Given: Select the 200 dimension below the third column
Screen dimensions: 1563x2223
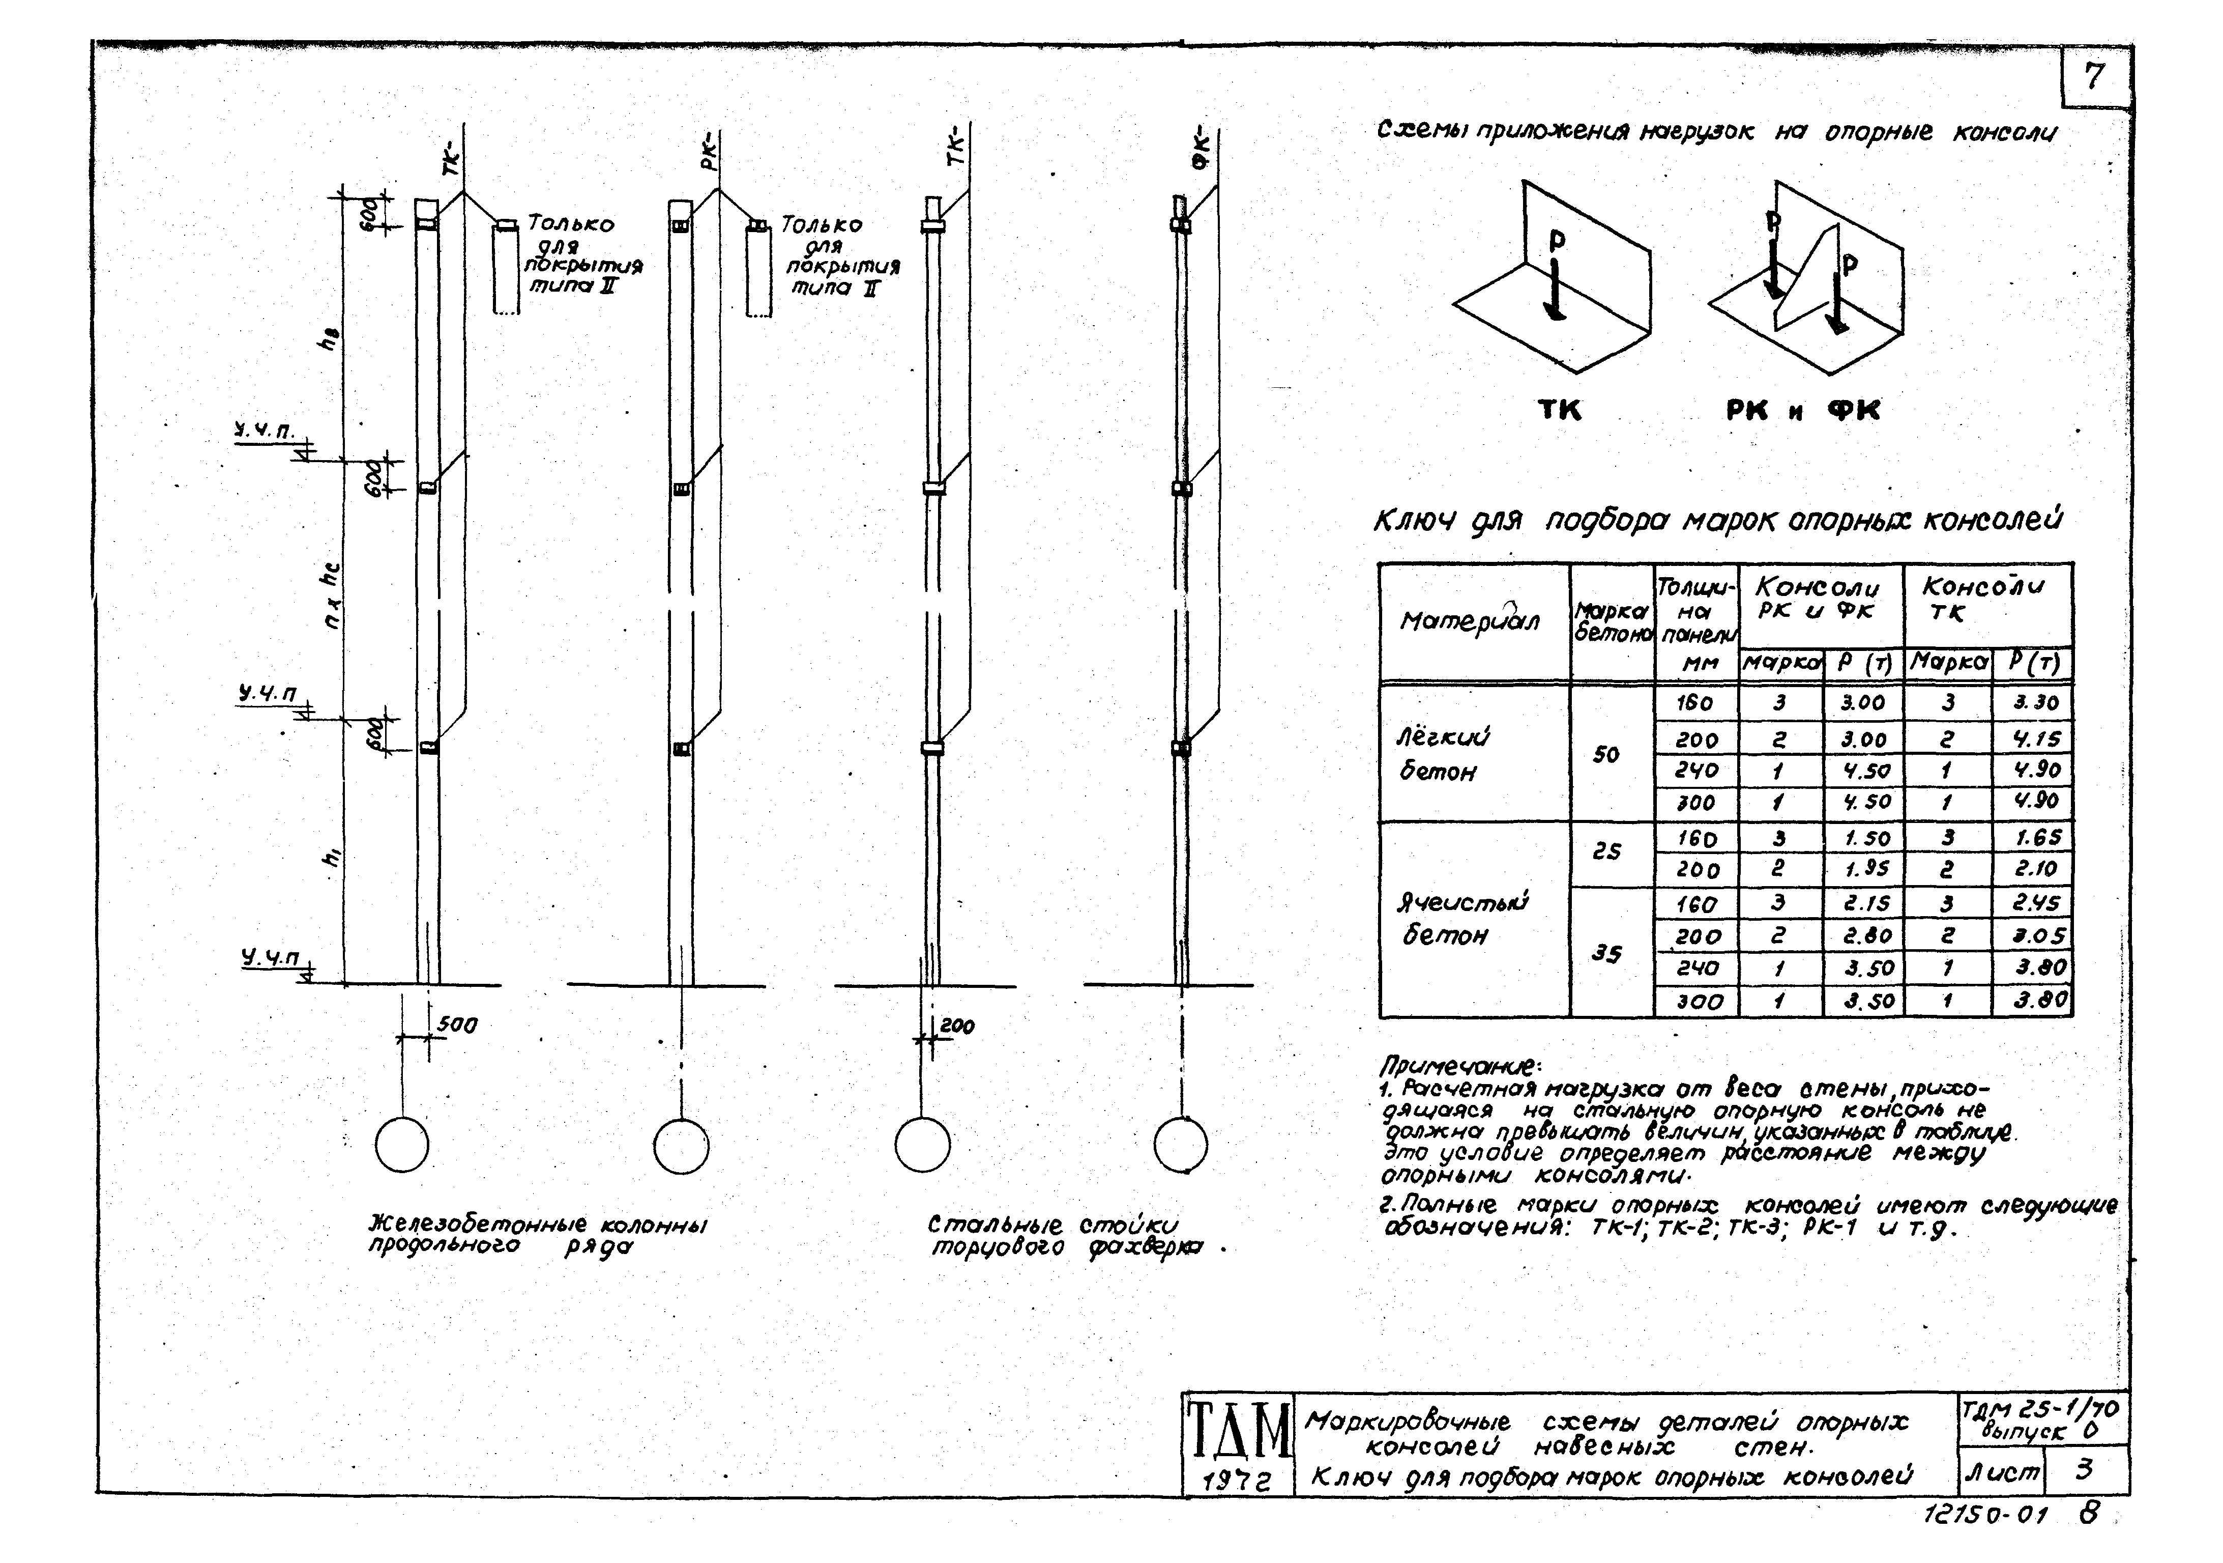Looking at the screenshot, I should coord(956,1026).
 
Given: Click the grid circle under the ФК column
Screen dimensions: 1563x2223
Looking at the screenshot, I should coord(1180,1145).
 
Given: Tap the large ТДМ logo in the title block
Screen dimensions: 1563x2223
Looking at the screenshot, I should coord(1238,1429).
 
